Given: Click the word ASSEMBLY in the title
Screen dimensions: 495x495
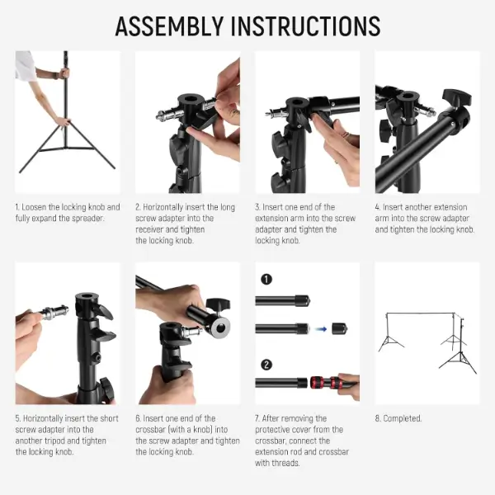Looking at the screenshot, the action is point(169,26).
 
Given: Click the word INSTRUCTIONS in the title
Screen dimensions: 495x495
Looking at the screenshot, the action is point(305,26).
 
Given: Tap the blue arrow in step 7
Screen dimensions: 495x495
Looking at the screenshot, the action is point(321,329).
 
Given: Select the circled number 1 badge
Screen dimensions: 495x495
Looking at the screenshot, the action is point(266,279).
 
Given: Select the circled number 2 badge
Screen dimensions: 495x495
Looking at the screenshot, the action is point(266,365).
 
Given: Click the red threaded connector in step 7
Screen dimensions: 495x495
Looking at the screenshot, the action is point(324,383).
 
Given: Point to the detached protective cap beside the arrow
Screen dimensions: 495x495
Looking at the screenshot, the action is point(339,329).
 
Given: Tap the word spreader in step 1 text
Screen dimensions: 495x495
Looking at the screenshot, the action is point(87,219).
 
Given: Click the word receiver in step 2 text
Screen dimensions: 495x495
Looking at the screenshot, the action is point(148,229).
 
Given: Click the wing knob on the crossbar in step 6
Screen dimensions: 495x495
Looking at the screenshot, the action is point(218,304).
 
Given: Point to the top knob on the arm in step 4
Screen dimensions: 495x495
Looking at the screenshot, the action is point(456,97).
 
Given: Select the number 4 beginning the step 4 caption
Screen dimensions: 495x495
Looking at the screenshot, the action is point(377,207).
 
